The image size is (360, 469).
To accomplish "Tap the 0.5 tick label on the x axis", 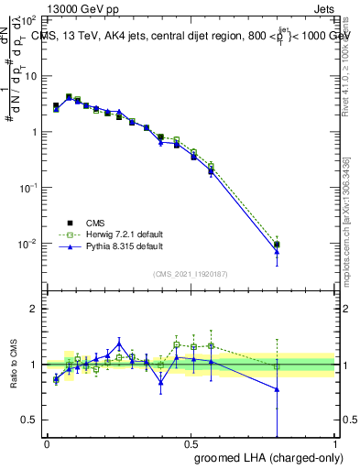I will (191, 442).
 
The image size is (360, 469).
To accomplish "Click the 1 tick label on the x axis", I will (335, 442).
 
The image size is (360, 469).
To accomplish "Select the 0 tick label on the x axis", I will (47, 442).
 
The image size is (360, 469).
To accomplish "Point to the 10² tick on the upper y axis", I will (29, 19).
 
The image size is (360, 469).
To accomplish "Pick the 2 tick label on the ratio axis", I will (35, 309).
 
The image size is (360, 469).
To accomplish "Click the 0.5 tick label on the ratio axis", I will (31, 420).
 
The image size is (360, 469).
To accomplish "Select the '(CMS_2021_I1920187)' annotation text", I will (191, 273).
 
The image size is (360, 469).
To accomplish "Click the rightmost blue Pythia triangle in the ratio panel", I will (277, 389).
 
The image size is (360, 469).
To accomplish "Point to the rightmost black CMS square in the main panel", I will (277, 245).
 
